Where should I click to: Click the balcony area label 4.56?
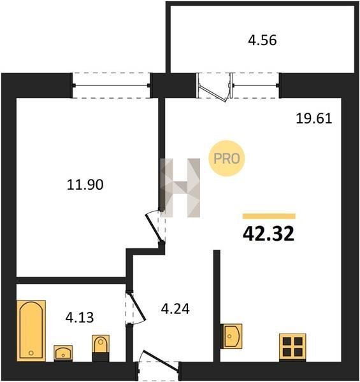point(263,41)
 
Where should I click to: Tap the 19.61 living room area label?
point(314,118)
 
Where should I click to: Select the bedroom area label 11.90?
point(85,185)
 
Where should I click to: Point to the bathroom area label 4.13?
point(80,318)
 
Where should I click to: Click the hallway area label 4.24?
point(175,309)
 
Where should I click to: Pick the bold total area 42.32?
point(269,234)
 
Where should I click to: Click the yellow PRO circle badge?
point(227,159)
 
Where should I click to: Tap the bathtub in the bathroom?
point(31,331)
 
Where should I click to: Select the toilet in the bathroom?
point(101,348)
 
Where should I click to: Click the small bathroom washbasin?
point(63,353)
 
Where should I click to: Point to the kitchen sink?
point(231,336)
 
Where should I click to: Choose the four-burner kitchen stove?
point(292,348)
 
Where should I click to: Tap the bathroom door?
point(136,308)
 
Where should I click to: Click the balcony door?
point(215,87)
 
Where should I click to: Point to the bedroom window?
point(112,85)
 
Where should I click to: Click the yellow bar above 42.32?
point(269,216)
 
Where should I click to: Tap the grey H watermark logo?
point(180,188)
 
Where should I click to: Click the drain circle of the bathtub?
point(31,353)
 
